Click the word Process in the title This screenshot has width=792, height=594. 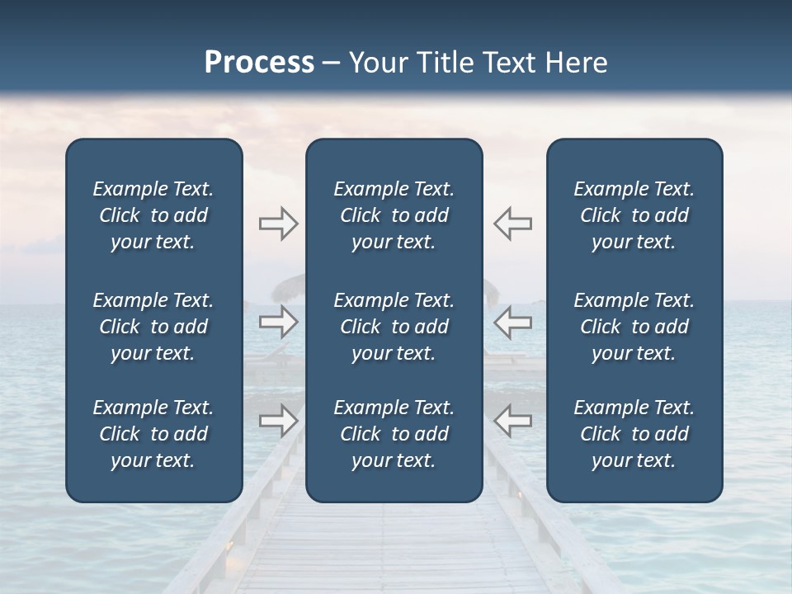coord(259,63)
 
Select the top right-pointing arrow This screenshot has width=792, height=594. coord(279,224)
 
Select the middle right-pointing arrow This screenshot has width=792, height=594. coord(279,322)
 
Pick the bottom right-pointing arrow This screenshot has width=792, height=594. coord(279,421)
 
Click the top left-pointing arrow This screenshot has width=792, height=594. coord(513,224)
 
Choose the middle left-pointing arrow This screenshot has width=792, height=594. coord(513,322)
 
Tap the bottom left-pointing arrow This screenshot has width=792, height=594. coord(513,421)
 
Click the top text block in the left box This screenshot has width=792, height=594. coord(153,215)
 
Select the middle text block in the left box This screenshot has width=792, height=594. coord(153,327)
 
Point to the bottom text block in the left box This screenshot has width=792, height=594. coord(153,434)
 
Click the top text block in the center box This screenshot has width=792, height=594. coord(394,215)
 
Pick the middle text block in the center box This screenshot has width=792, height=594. coord(394,327)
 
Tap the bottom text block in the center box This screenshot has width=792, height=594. coord(394,434)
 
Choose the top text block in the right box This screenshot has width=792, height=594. coord(634,215)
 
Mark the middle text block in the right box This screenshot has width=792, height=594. coord(634,327)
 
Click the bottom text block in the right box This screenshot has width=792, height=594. coord(634,434)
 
